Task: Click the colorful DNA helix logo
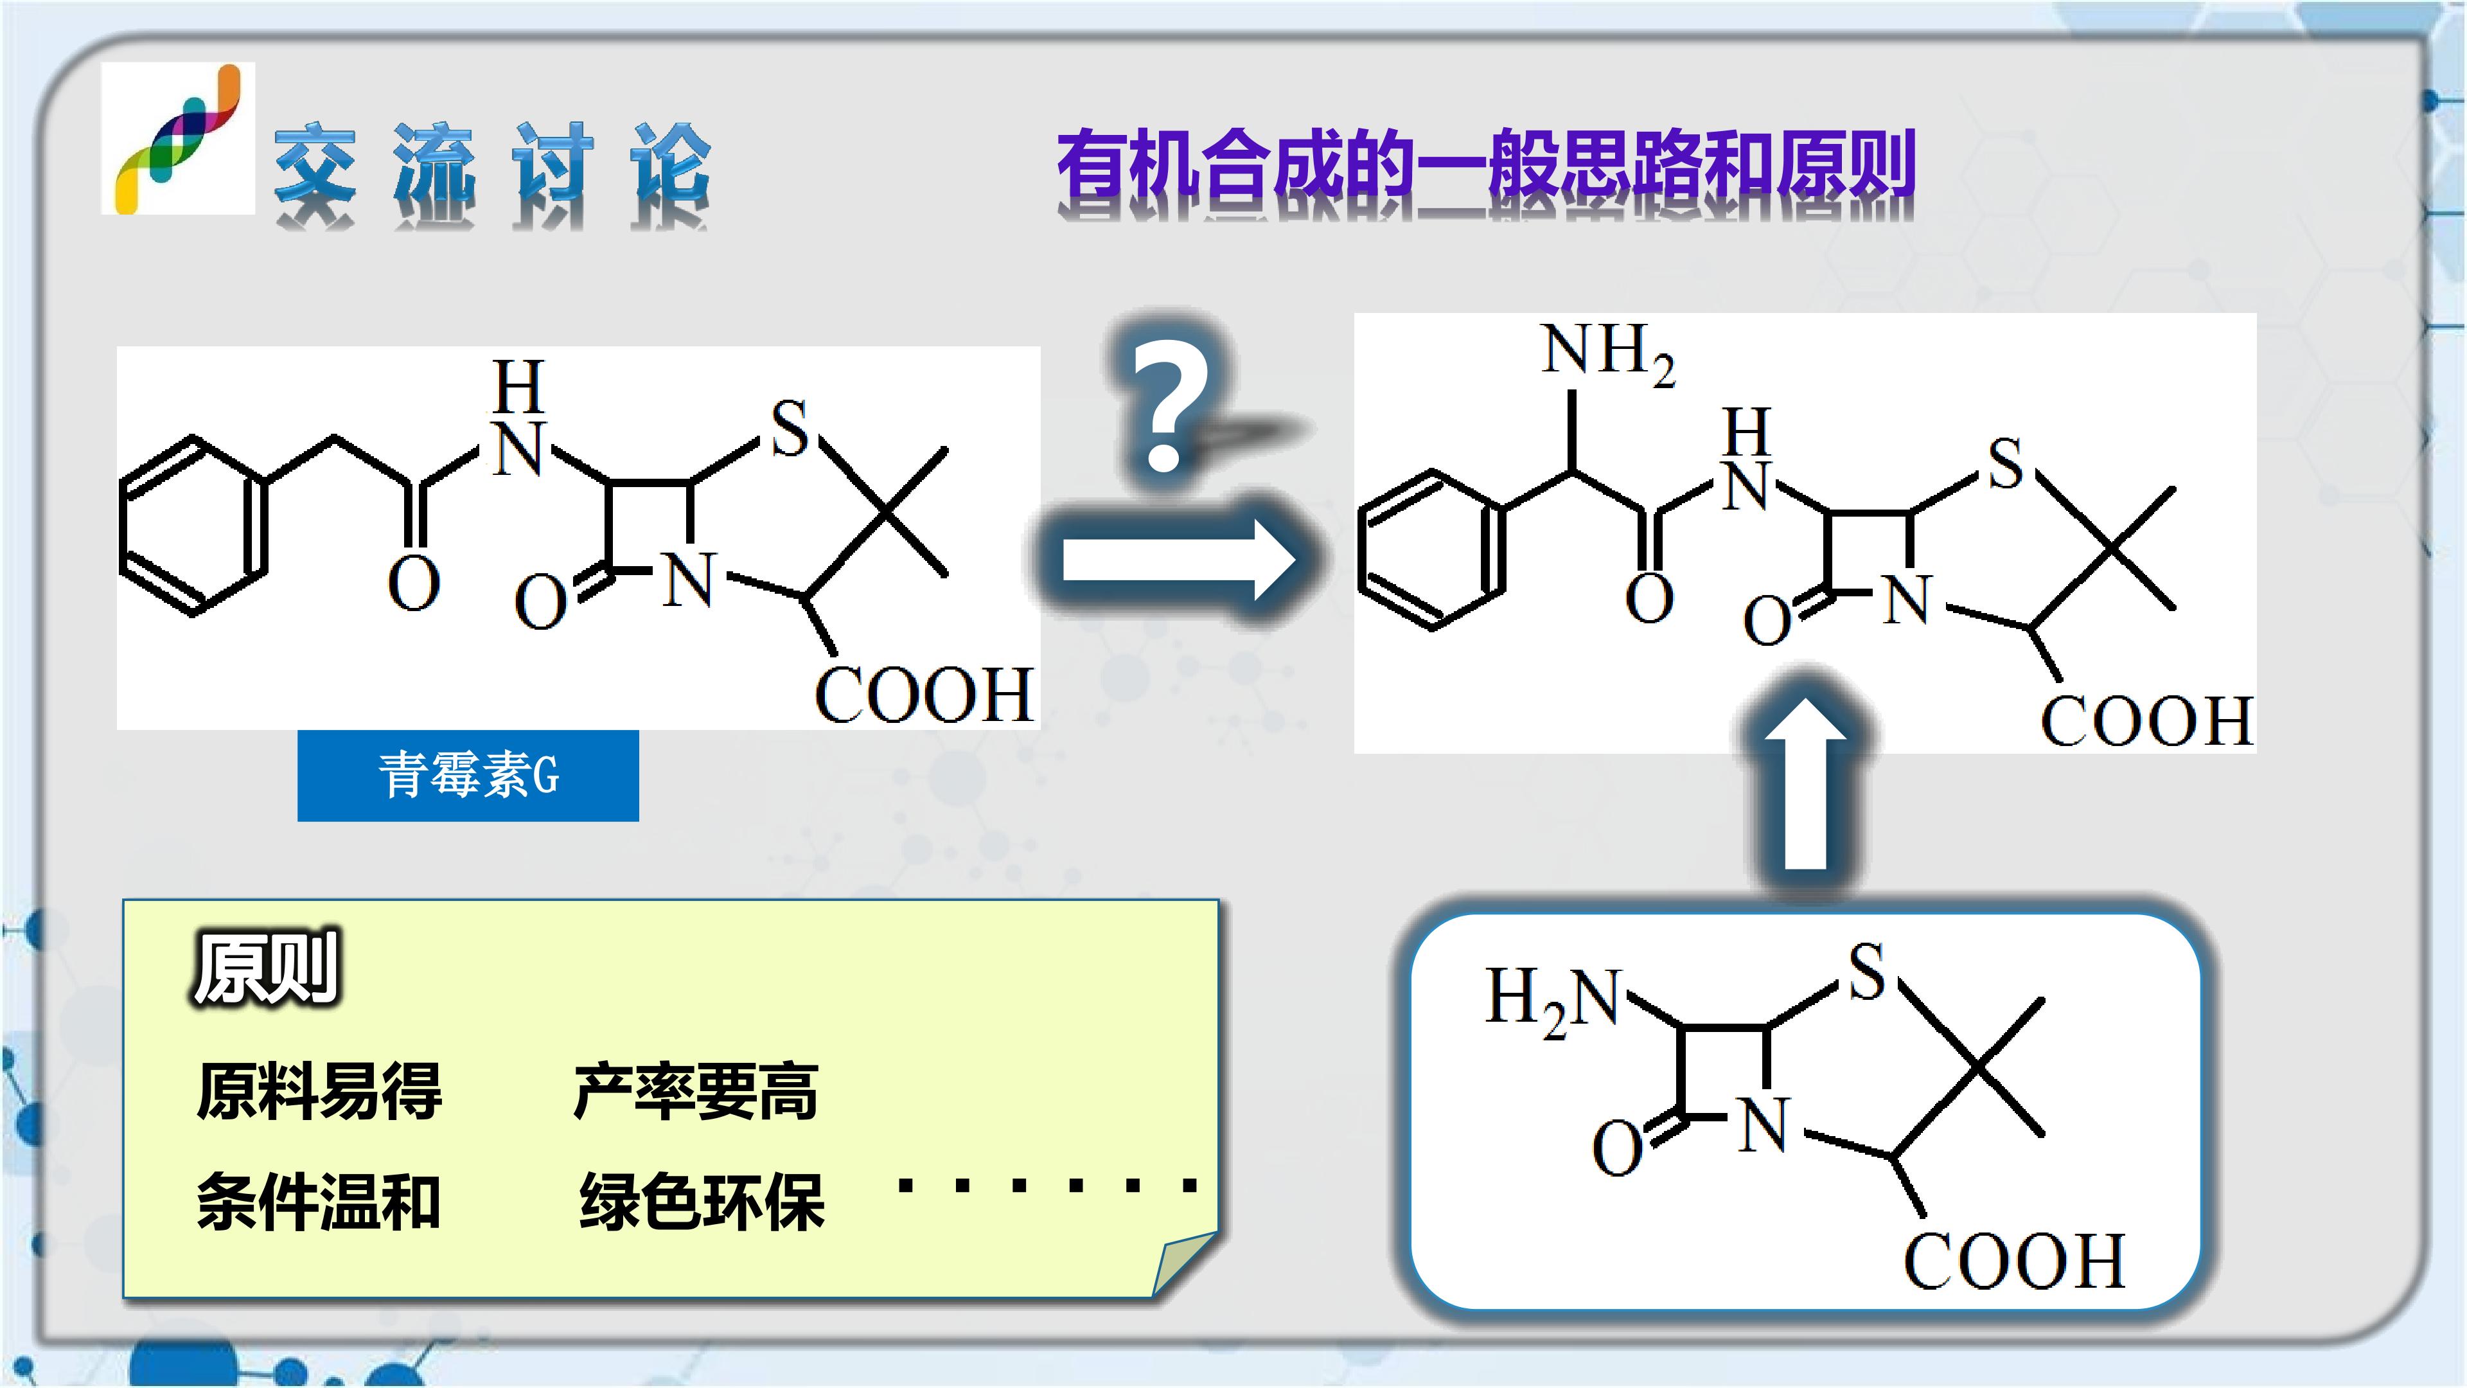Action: click(178, 139)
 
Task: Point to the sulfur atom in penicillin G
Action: click(790, 427)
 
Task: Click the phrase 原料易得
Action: click(319, 1091)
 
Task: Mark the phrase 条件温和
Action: click(319, 1201)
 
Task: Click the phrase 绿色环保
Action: click(702, 1201)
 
